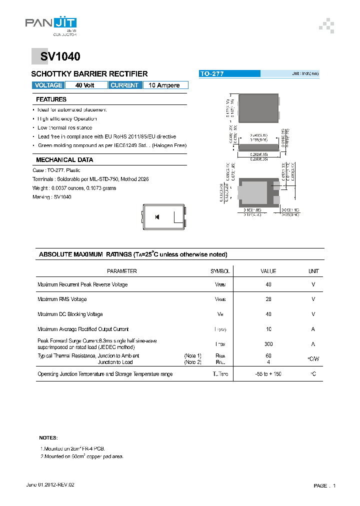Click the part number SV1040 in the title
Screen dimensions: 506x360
point(57,57)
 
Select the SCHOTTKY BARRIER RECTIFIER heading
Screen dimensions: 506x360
point(89,74)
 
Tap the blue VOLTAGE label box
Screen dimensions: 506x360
point(48,85)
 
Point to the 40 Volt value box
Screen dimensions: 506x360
point(85,85)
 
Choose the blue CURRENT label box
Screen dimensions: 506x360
point(124,85)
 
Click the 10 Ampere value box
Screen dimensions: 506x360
point(164,85)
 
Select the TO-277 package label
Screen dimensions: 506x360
point(212,74)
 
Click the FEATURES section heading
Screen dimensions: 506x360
point(51,99)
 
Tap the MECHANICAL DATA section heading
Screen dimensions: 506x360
point(64,160)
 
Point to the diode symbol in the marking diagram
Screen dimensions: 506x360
point(157,216)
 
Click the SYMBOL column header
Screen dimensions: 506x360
point(220,271)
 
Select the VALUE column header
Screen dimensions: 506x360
point(268,271)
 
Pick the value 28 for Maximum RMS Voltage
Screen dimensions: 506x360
point(268,299)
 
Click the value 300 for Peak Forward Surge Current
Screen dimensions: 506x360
point(268,344)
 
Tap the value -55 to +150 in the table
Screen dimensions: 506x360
point(268,374)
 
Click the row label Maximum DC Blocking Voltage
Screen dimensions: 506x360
point(70,314)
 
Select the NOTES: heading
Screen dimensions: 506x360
point(48,437)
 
